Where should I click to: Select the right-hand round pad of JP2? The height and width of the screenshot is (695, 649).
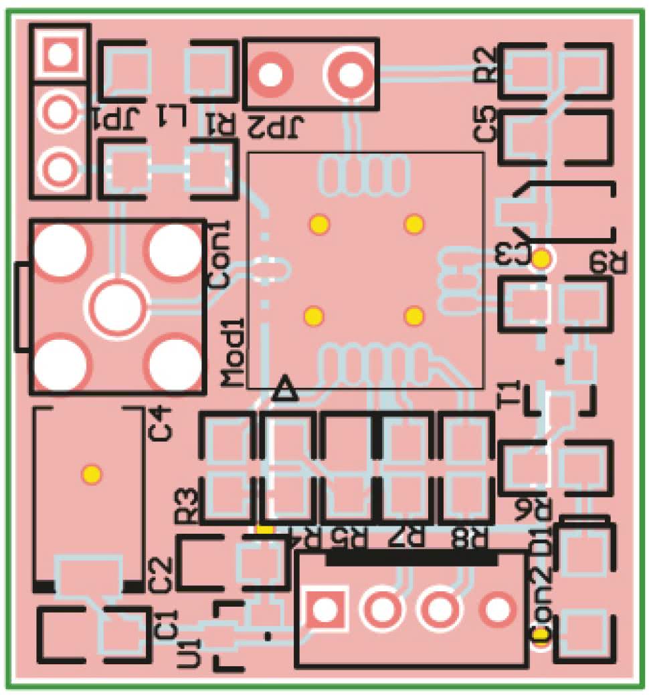coord(349,74)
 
